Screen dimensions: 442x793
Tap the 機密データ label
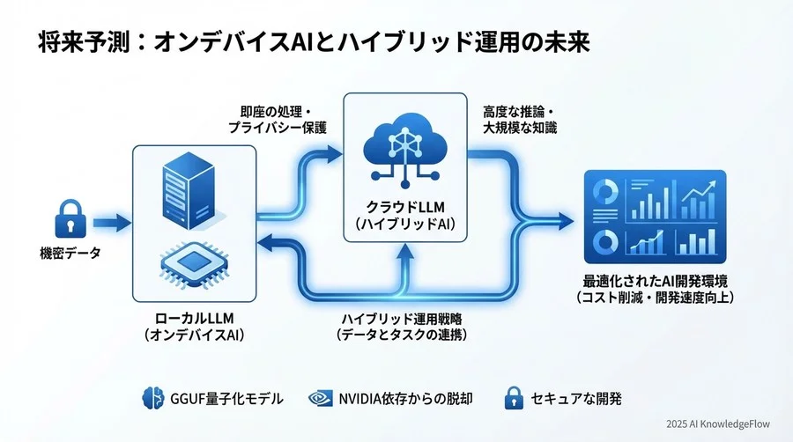coord(70,254)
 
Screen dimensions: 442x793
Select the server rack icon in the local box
coord(194,189)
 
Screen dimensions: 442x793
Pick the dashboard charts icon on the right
coord(655,216)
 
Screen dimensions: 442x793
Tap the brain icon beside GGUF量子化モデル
coord(154,399)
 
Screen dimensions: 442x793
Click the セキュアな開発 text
coord(576,399)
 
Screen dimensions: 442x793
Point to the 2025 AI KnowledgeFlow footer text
coord(717,424)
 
